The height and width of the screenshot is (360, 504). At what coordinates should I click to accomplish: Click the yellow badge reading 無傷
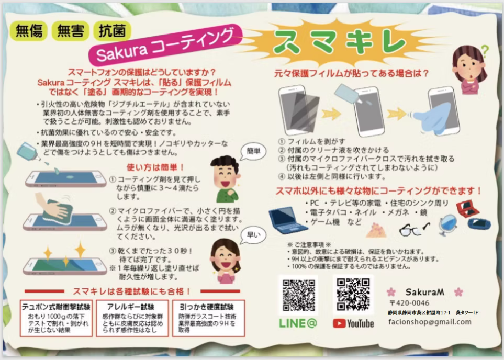pos(29,31)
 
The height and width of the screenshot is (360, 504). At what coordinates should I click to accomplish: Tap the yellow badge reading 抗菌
pos(112,31)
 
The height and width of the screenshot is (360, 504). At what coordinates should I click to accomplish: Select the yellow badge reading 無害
pos(71,31)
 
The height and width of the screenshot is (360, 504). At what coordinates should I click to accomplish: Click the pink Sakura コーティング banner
pos(165,44)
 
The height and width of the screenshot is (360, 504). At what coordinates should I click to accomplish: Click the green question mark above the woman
pos(485,51)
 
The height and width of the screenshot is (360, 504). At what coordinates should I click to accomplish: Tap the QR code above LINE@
pos(299,295)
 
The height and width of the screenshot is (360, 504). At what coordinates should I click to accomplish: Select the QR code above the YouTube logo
pos(353,295)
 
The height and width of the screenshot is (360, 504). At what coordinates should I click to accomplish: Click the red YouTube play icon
pos(339,323)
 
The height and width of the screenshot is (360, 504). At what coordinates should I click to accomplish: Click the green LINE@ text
pos(298,323)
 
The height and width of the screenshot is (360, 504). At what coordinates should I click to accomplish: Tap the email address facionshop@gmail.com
pos(430,322)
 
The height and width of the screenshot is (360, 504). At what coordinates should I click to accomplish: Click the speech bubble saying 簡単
pos(253,152)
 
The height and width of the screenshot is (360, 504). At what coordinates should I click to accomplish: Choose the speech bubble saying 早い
pos(253,235)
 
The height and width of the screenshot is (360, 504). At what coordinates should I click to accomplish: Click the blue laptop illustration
pos(287,220)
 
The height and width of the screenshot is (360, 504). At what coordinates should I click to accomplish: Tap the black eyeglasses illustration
pos(414,229)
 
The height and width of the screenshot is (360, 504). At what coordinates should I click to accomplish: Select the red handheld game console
pos(468,209)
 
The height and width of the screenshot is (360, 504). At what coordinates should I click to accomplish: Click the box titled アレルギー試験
pos(132,318)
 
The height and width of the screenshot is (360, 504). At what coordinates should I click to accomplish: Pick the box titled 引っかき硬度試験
pos(209,318)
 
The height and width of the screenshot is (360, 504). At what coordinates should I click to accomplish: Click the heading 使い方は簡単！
pos(155,167)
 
